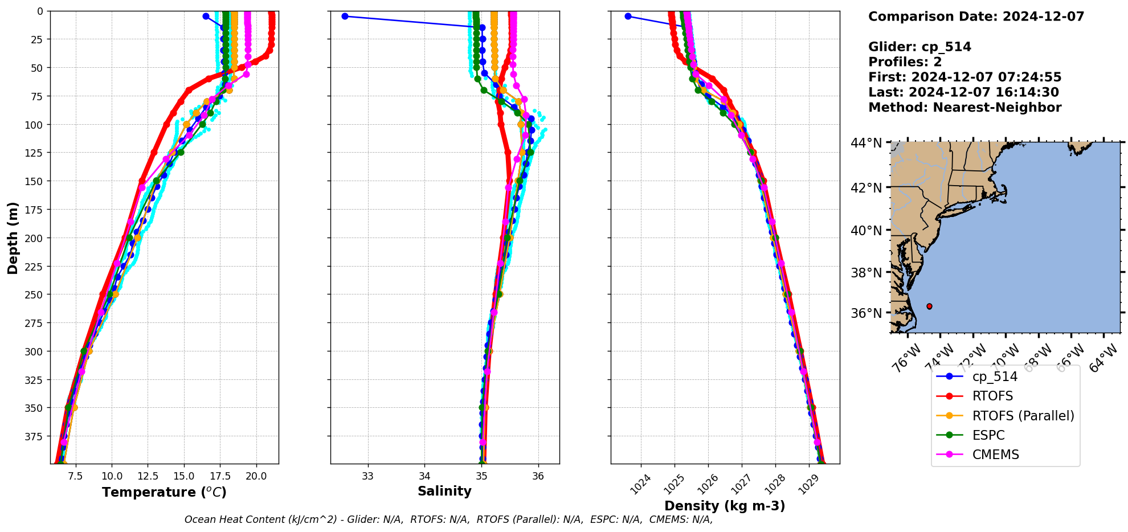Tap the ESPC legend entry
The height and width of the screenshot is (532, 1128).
click(x=988, y=435)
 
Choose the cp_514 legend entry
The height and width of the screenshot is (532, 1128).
click(x=994, y=377)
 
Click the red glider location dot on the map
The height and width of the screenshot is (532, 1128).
click(x=929, y=306)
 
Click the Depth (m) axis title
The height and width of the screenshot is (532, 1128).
click(x=13, y=238)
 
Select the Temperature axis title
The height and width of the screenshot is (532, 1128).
click(x=164, y=492)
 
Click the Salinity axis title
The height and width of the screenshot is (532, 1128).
click(x=444, y=491)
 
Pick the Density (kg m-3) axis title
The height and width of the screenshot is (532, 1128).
click(x=725, y=506)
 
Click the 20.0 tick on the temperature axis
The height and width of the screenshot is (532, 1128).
click(x=256, y=476)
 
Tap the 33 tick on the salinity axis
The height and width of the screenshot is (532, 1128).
click(x=367, y=476)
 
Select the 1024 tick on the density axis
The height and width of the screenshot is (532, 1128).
click(x=642, y=484)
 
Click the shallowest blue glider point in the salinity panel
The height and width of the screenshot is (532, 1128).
click(x=345, y=16)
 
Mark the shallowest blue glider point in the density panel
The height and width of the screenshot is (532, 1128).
click(x=628, y=16)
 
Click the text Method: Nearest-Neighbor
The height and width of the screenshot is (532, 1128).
click(x=964, y=108)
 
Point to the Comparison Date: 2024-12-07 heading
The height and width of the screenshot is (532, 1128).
click(x=976, y=17)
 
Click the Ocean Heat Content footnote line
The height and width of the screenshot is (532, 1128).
click(x=448, y=519)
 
